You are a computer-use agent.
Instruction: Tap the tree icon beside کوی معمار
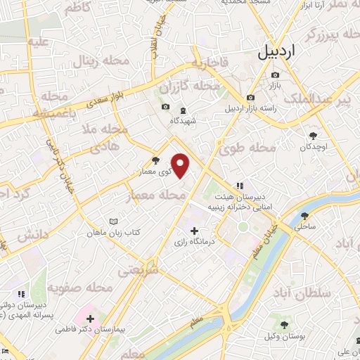click(x=155, y=161)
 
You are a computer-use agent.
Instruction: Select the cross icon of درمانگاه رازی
click(x=195, y=231)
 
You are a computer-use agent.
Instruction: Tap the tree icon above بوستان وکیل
click(x=284, y=325)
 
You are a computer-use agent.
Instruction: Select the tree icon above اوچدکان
click(x=313, y=136)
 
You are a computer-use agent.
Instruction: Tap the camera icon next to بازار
click(x=251, y=97)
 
